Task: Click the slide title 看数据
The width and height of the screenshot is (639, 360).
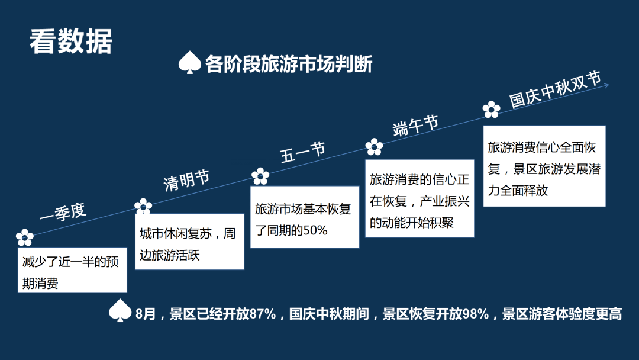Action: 70,41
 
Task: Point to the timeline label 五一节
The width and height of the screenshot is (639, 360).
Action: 303,152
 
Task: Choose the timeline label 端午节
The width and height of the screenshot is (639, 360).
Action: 415,126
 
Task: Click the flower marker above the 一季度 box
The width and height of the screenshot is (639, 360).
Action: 24,237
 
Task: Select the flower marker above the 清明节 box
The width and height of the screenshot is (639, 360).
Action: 143,207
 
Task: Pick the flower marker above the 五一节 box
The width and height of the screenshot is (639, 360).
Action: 260,176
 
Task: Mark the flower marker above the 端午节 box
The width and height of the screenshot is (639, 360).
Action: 374,147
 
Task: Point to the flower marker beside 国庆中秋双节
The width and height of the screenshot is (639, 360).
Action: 491,110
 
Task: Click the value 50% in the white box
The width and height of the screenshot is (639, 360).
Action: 315,231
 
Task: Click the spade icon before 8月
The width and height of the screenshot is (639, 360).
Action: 120,312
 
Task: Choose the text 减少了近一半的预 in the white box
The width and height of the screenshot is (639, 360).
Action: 70,262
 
